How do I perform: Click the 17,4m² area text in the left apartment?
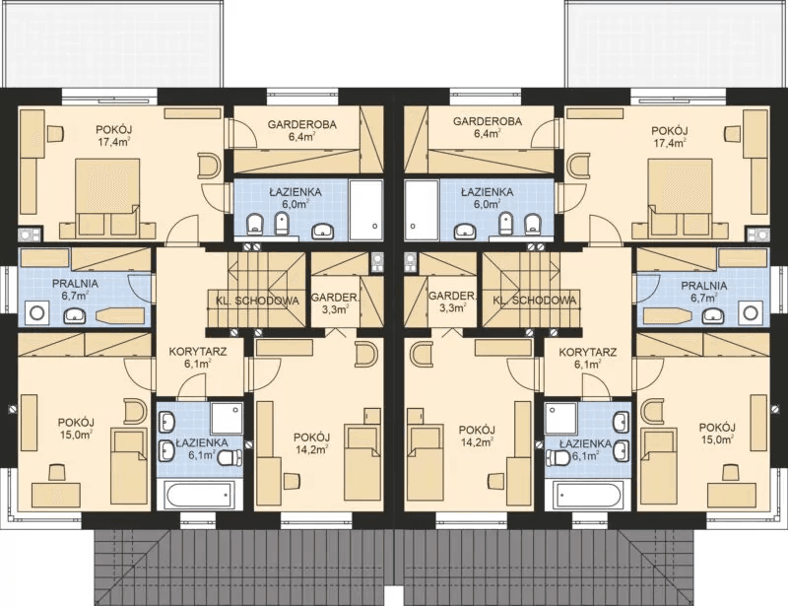click(x=114, y=142)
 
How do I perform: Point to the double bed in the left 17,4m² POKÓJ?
click(x=107, y=197)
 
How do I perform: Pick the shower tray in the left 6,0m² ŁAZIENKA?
click(x=366, y=209)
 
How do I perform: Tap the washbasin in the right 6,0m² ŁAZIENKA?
click(x=466, y=232)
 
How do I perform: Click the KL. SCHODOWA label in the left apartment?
click(x=257, y=301)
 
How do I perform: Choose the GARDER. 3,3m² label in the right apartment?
click(x=451, y=302)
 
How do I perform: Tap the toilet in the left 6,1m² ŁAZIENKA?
click(x=230, y=457)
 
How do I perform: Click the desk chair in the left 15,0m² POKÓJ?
click(x=56, y=473)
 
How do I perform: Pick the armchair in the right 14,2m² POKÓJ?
click(x=421, y=353)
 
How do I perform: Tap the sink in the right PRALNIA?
click(x=712, y=315)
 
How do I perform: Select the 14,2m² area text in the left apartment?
click(x=311, y=448)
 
